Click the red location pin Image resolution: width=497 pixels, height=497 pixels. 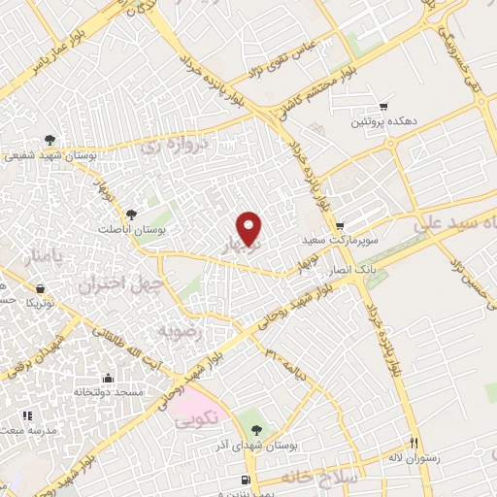tap(250, 228)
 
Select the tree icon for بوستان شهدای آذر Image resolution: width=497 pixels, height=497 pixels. tap(255, 427)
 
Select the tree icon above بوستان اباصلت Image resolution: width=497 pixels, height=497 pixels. tap(133, 213)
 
